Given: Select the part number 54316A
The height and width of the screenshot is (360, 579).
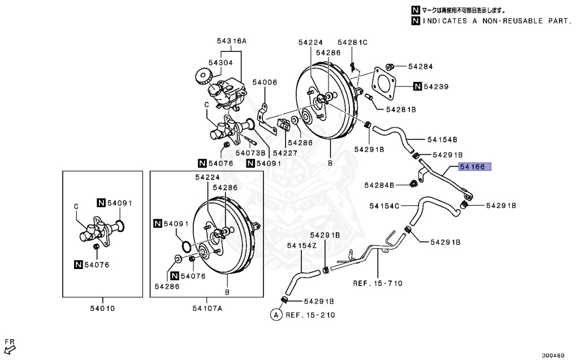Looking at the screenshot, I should click(231, 41).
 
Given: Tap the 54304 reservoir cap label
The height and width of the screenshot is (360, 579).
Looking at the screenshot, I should click(220, 63).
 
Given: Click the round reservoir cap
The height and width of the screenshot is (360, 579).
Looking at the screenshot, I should click(202, 75).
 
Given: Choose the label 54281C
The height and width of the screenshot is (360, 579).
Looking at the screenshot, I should click(352, 42).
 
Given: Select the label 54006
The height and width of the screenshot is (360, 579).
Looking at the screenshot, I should click(265, 83).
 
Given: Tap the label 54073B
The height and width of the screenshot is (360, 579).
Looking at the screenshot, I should click(250, 153).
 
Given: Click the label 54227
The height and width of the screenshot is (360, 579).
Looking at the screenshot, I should click(285, 153).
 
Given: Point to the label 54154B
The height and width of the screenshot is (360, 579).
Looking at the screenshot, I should click(442, 139).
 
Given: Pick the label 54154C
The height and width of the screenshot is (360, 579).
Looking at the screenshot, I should click(384, 206).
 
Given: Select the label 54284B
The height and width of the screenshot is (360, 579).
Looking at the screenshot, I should click(382, 185).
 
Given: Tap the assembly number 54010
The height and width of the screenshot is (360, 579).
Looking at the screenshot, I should click(102, 308).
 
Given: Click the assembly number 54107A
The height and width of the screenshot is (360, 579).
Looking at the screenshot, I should click(207, 308).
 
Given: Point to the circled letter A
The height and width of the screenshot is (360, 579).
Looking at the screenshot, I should click(276, 315).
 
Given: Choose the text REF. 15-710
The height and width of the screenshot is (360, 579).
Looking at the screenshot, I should click(378, 283).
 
